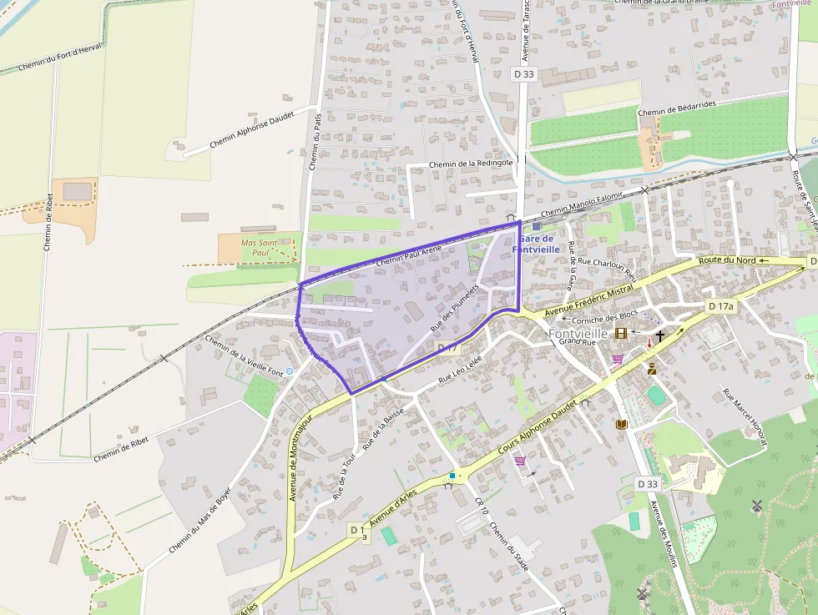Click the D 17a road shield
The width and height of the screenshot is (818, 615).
click(721, 306)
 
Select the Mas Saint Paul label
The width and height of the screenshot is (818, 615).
click(258, 248)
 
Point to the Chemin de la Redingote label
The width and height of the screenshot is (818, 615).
click(470, 164)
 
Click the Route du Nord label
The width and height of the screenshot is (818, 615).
click(721, 261)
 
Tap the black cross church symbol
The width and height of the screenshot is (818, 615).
click(660, 336)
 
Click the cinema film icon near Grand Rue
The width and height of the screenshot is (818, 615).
click(621, 334)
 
